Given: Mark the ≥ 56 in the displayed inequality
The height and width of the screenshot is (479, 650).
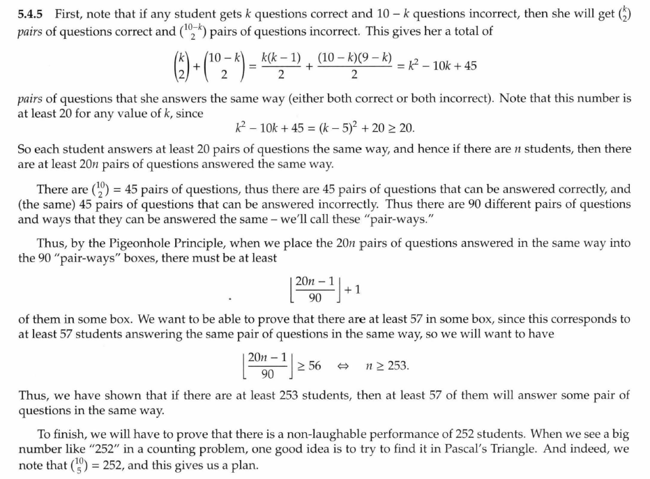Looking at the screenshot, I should pos(308,365).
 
